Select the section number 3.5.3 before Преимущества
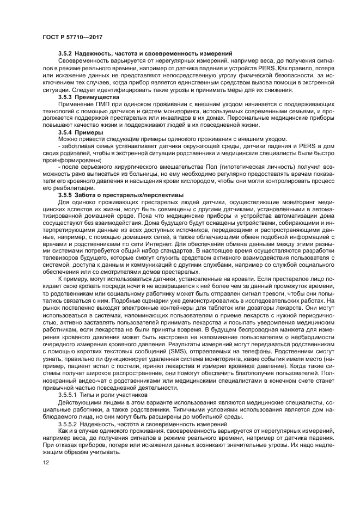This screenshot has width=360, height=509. pyautogui.click(x=66, y=96)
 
